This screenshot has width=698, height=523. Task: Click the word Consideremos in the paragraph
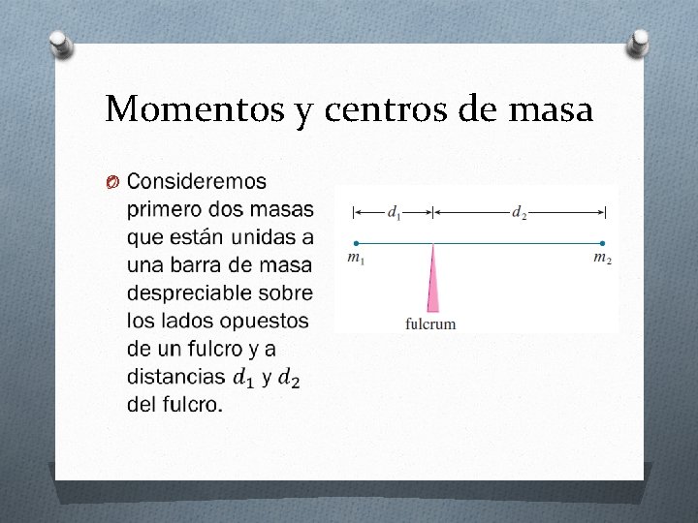tap(197, 181)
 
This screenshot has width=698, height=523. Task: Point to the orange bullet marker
tap(112, 182)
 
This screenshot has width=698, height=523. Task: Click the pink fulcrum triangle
tap(432, 281)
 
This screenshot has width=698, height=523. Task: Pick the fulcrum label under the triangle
tap(430, 324)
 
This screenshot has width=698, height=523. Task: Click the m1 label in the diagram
tap(356, 259)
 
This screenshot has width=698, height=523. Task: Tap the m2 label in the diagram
tap(603, 259)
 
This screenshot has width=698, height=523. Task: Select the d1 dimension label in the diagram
tap(394, 212)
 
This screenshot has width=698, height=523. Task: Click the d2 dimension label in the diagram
tap(520, 212)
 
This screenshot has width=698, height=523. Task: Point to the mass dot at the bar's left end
tap(356, 243)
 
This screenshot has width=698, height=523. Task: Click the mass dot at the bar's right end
tap(603, 243)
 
